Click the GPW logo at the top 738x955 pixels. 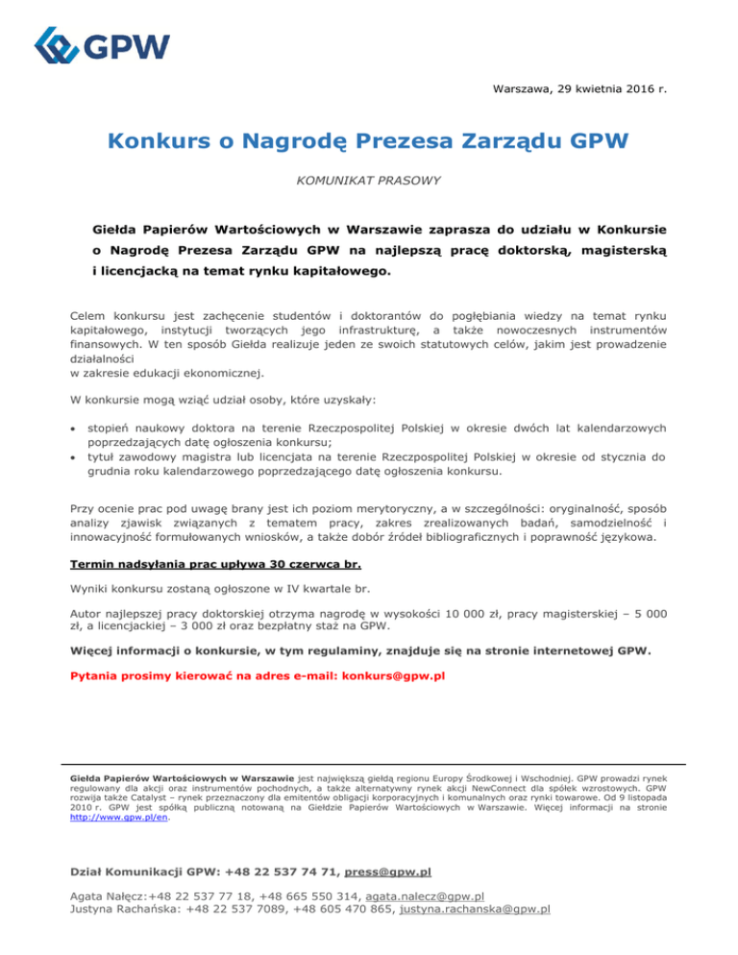point(101,45)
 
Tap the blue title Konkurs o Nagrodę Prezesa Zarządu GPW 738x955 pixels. point(368,143)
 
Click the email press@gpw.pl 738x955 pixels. point(387,871)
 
